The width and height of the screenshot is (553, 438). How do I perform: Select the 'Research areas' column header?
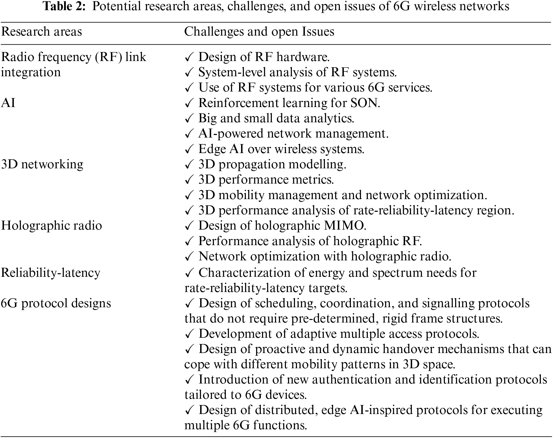click(x=41, y=32)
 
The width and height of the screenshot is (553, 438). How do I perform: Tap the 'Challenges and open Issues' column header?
click(x=259, y=32)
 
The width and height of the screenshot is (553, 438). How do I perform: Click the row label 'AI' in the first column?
click(x=8, y=103)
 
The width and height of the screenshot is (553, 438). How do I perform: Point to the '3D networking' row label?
click(x=42, y=164)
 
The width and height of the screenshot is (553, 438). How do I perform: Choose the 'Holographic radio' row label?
click(x=51, y=226)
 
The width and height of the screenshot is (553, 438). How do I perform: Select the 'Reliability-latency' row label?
click(x=51, y=273)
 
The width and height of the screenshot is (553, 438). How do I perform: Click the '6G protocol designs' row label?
click(x=56, y=303)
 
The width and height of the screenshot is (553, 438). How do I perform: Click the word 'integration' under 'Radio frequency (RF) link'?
click(x=31, y=72)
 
